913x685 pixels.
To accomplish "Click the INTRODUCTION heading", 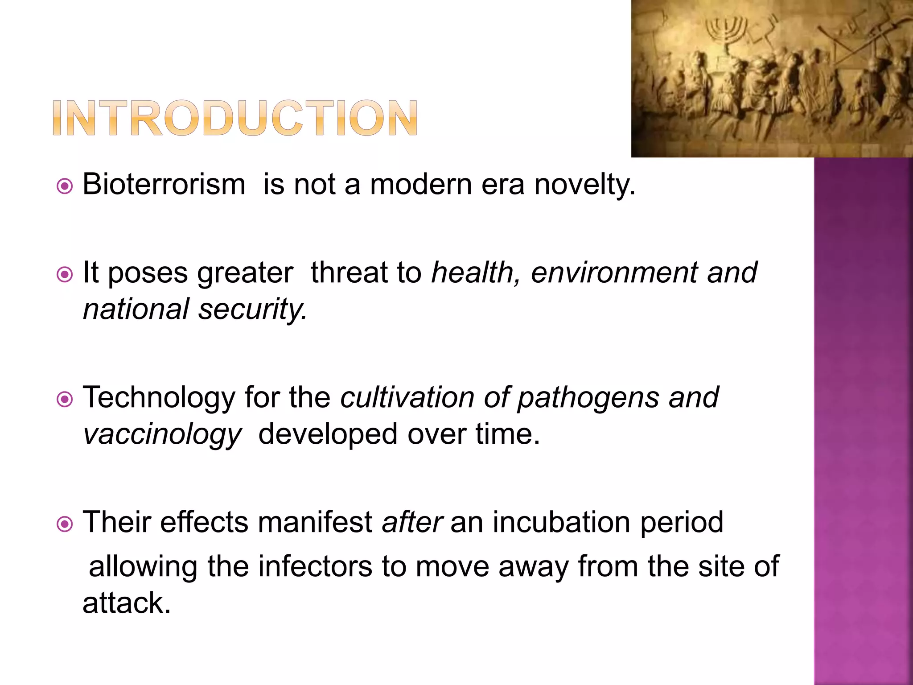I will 235,118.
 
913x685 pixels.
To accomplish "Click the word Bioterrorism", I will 164,184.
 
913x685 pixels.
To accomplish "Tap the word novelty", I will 584,184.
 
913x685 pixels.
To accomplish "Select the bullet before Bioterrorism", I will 65,186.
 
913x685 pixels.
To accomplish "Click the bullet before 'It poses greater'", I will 65,274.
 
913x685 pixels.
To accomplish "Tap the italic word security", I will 252,309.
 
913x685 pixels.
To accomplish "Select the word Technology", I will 159,397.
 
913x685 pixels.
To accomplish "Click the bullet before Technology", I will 65,399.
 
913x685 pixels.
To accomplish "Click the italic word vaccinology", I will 162,434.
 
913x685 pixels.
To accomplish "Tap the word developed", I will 328,434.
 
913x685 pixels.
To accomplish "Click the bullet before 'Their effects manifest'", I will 65,524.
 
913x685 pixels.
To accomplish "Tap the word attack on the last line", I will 126,603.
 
